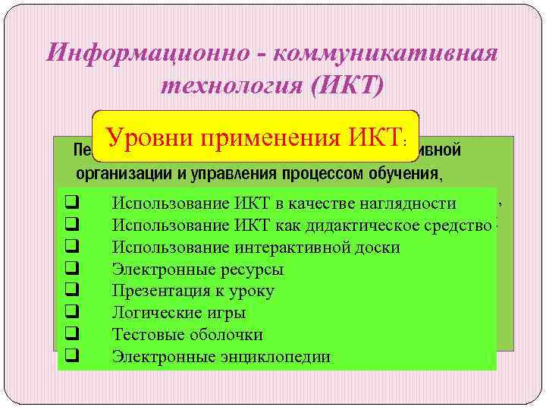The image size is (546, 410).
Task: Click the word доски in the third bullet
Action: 378,247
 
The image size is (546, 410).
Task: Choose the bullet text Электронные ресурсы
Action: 198,269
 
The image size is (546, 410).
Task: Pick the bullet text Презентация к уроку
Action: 193,291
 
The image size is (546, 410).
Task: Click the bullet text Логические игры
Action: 179,313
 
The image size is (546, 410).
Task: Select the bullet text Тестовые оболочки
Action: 187,335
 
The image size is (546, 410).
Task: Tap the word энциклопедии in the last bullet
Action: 278,357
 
